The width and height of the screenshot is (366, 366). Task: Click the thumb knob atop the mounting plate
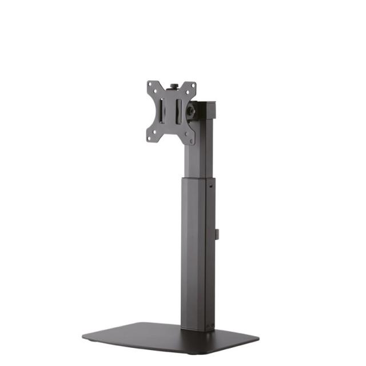[x=175, y=86]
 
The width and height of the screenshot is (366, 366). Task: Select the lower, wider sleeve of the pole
[x=197, y=252]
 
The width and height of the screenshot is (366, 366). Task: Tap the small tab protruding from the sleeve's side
[x=218, y=234]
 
